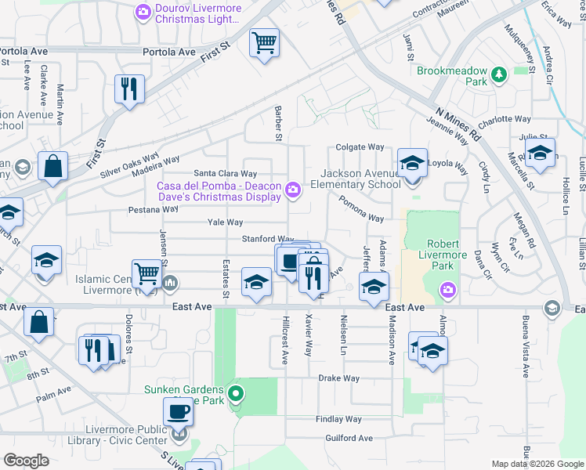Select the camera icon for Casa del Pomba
(293, 190)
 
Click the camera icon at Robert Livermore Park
(447, 289)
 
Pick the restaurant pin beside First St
(129, 89)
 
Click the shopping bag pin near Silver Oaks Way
(52, 166)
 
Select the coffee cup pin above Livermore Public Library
(178, 412)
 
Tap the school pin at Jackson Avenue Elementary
(412, 163)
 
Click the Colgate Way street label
(360, 146)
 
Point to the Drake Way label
(338, 378)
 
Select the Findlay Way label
(338, 419)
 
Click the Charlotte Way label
(505, 120)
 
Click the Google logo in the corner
(26, 461)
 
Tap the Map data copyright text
(537, 464)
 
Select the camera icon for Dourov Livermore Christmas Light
(143, 11)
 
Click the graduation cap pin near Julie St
(540, 153)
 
